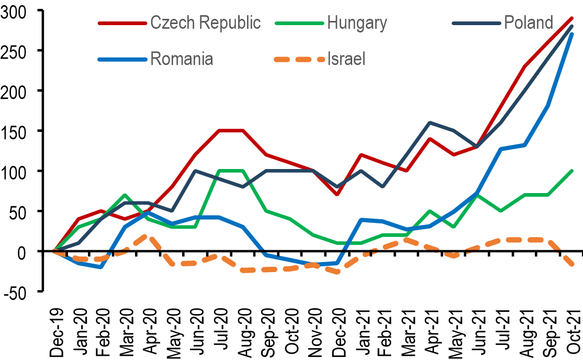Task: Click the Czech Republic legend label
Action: [205, 23]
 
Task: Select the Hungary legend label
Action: [357, 23]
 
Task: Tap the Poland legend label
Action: [529, 23]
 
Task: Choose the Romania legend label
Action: [181, 58]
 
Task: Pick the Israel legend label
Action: [346, 58]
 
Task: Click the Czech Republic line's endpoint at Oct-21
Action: [571, 18]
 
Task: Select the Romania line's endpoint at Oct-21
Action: [571, 34]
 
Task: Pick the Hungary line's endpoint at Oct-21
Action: [571, 171]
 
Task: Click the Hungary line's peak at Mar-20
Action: [124, 195]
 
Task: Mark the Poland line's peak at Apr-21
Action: [430, 122]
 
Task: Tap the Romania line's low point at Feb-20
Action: [100, 267]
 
